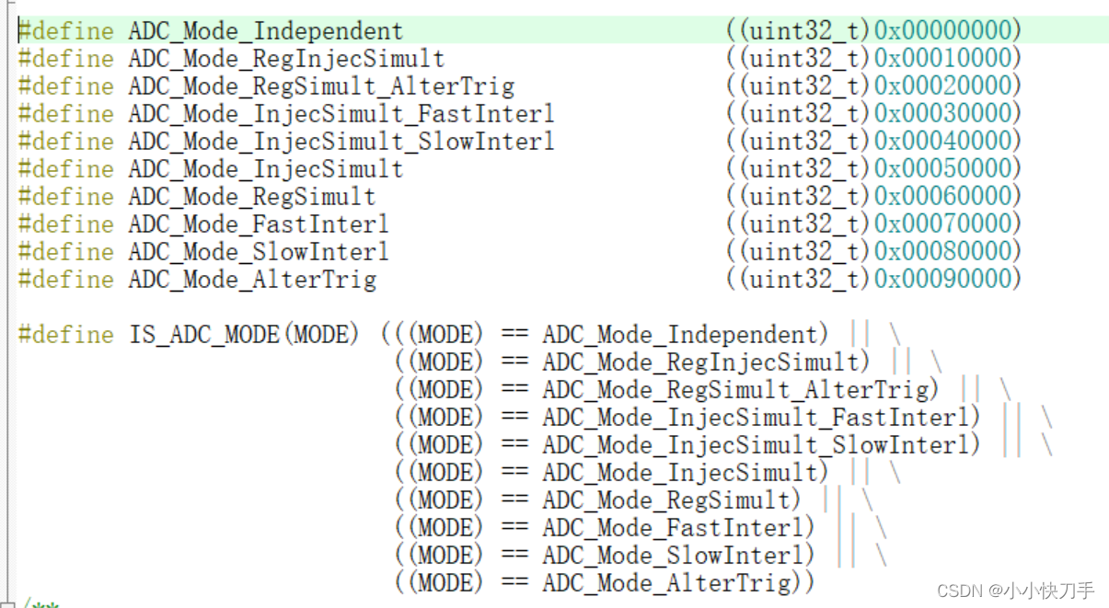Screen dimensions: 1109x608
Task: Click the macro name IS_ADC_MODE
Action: [207, 335]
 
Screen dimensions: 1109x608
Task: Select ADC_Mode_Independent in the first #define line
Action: [265, 31]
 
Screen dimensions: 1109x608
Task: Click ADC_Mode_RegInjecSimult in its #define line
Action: [286, 59]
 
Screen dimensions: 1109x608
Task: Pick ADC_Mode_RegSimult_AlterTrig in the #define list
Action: [321, 86]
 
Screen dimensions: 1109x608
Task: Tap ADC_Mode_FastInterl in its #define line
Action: [259, 224]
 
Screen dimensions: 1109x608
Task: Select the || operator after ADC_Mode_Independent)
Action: [860, 335]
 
